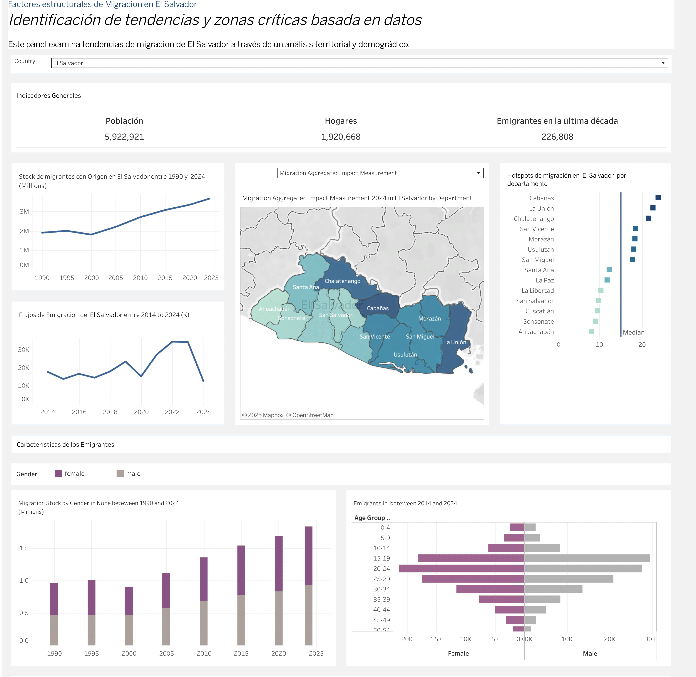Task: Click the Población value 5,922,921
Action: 124,137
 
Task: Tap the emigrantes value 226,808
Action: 557,137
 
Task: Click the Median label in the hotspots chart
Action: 633,332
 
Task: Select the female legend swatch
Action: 58,474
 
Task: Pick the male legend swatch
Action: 120,474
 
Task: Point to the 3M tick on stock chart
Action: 24,211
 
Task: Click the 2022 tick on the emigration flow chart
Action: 172,412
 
